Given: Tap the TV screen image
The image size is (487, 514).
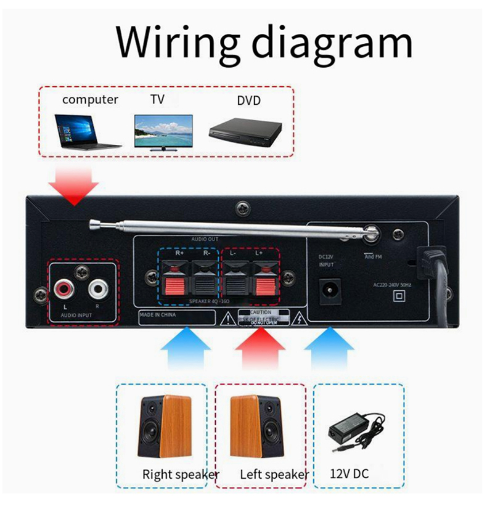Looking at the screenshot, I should [163, 132].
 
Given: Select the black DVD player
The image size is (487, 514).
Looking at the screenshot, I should [245, 131].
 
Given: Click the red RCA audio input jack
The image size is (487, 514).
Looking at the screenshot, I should [63, 288].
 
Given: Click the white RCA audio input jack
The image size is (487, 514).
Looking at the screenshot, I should [98, 288].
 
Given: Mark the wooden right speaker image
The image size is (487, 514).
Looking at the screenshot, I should [162, 426].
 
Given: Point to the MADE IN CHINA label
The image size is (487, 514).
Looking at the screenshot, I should [158, 315].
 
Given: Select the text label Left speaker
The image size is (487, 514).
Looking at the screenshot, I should [274, 475].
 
